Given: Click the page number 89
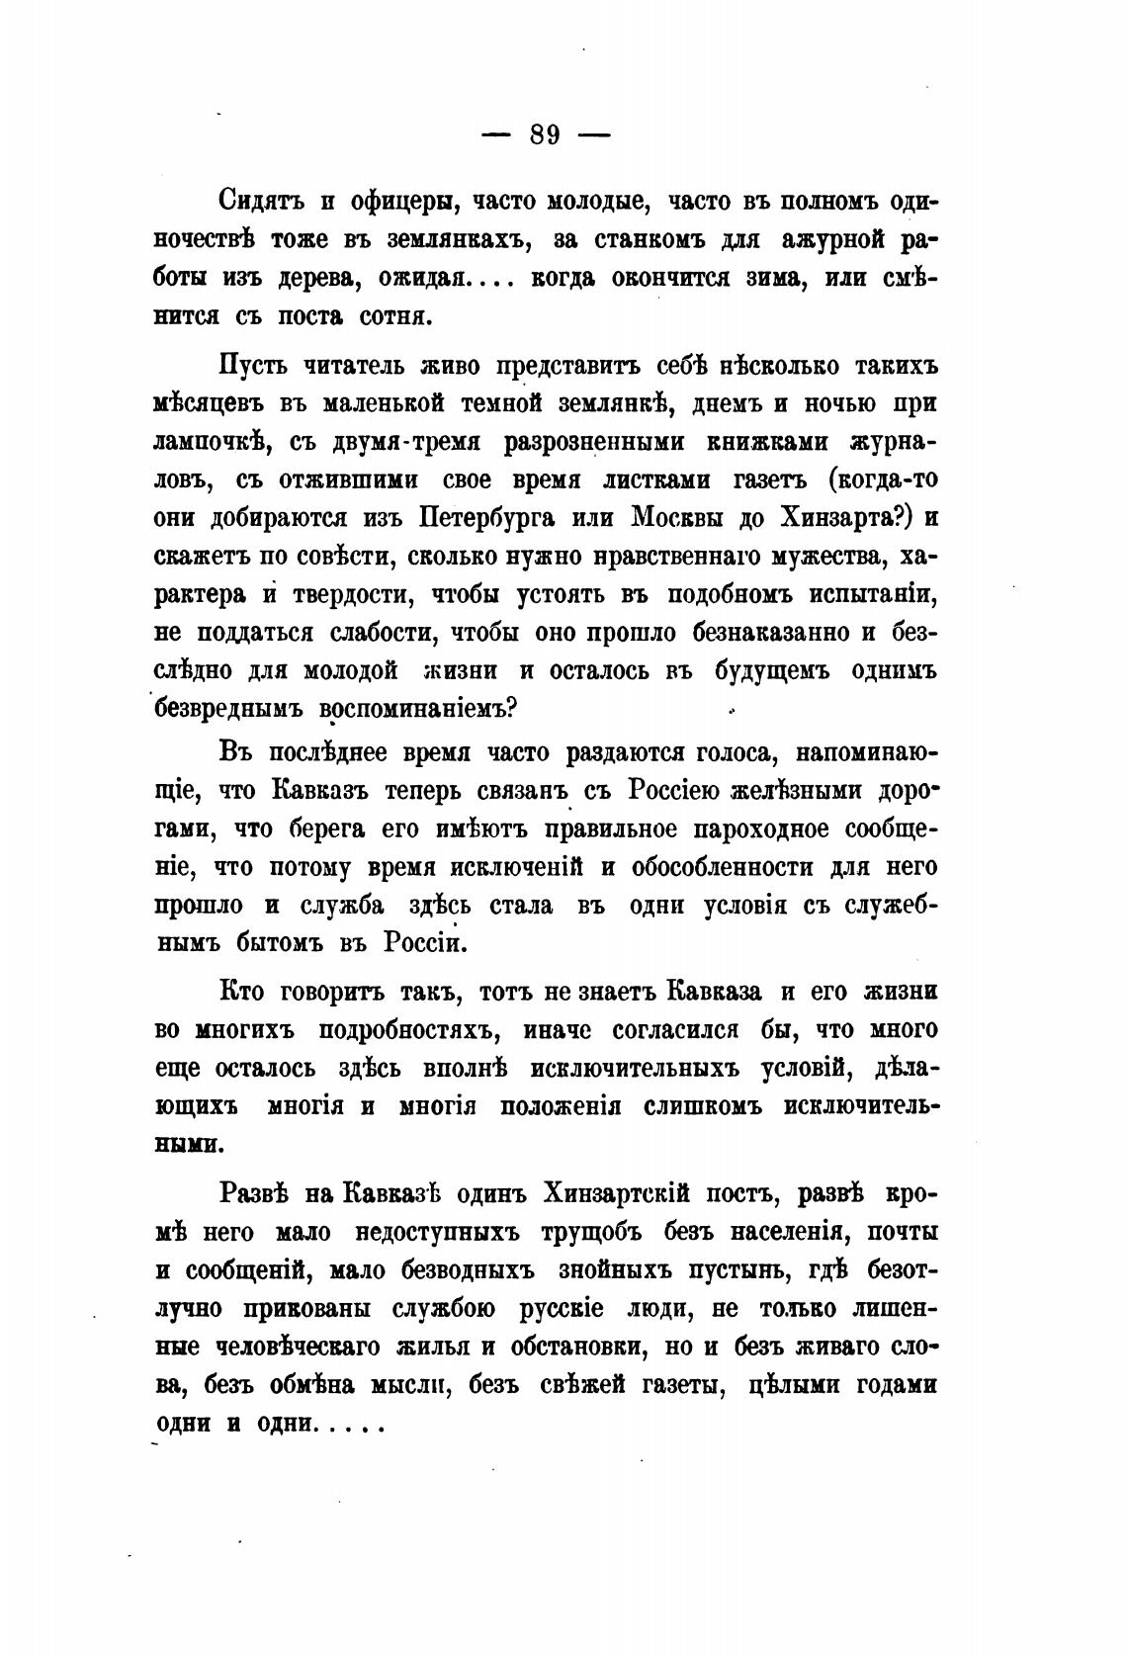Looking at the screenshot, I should [545, 133].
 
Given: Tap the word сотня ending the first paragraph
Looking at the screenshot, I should [391, 317].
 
